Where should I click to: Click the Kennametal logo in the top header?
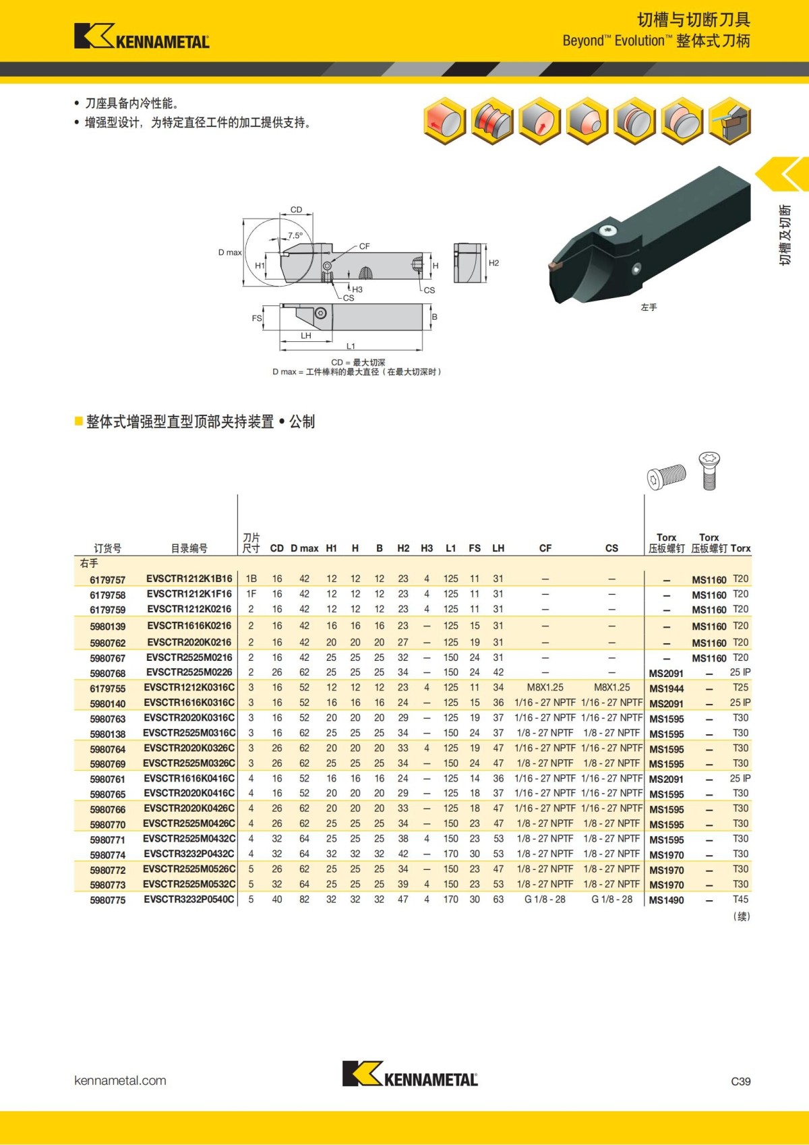(142, 36)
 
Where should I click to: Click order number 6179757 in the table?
(107, 580)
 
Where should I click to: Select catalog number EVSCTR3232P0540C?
(189, 899)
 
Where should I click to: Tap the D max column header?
(304, 548)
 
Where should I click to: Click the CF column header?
(545, 548)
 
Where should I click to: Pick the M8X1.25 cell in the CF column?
(545, 687)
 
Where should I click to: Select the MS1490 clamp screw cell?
(666, 900)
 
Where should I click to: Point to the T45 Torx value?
(740, 899)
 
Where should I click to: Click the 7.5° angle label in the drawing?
(295, 235)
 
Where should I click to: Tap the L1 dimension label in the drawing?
(351, 346)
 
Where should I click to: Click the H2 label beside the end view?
(493, 263)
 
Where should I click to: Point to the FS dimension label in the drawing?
(256, 318)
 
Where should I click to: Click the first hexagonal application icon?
(444, 121)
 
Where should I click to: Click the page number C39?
(740, 1081)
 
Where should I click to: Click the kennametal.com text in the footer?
(120, 1080)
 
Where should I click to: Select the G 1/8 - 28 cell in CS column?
(611, 899)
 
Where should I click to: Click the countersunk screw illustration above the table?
(709, 470)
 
